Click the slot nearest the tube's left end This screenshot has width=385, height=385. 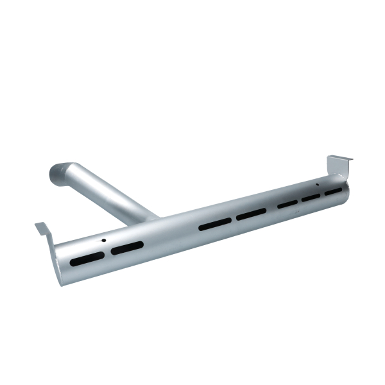tap(87, 259)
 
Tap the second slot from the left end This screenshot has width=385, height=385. tap(127, 248)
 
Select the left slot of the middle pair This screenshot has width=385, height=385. tap(215, 224)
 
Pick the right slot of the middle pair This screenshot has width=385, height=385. tap(251, 214)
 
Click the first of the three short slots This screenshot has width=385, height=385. tap(287, 204)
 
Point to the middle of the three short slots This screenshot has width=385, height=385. tap(311, 198)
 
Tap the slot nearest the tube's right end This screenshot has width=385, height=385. tap(333, 191)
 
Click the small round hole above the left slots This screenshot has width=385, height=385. tap(103, 241)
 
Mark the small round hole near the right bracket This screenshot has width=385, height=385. tap(316, 185)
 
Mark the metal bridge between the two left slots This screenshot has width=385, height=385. tap(107, 253)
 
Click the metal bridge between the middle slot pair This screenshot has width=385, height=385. tap(234, 219)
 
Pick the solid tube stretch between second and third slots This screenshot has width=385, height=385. tap(170, 236)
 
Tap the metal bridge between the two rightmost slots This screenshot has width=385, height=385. tap(322, 194)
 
